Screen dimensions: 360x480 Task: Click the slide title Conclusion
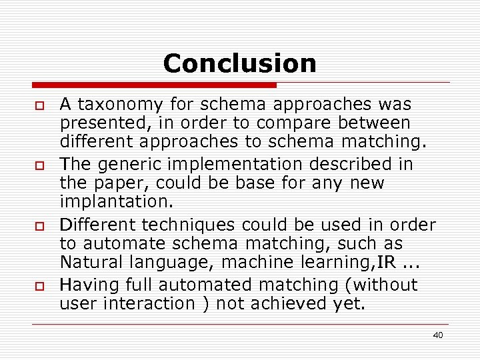point(239,63)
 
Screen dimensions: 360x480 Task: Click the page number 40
point(437,335)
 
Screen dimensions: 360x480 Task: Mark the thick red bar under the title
point(154,85)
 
